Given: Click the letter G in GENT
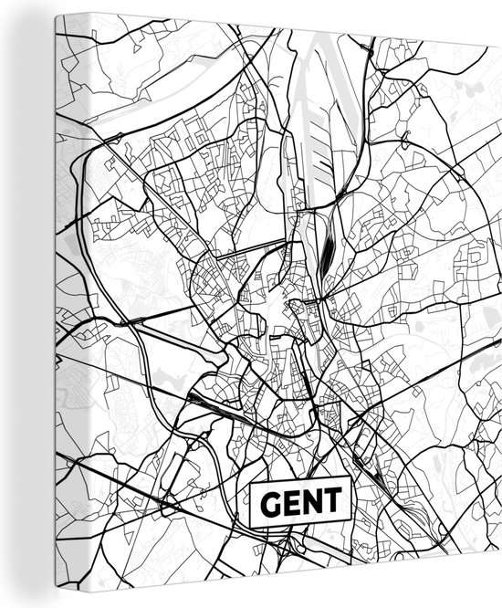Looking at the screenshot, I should point(270,500).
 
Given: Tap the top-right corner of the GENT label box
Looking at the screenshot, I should point(350,477).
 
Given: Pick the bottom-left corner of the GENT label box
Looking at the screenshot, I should point(251,526).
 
